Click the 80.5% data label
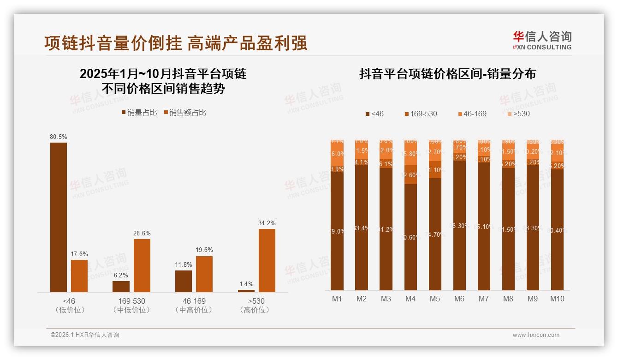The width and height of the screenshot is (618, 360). (x=59, y=137)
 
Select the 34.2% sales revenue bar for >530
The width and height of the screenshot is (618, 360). (x=267, y=260)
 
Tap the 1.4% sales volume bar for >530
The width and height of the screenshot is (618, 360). (x=246, y=291)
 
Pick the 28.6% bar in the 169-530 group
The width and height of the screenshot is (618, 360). (x=142, y=265)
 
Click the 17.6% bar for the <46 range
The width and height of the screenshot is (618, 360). (x=79, y=276)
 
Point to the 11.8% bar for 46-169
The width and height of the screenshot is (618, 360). (x=184, y=281)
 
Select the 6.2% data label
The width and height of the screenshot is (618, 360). (x=121, y=275)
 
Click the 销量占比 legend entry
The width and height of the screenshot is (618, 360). (x=139, y=113)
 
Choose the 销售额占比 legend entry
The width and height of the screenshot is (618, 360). (x=185, y=113)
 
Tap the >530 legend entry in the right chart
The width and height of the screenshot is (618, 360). (x=518, y=114)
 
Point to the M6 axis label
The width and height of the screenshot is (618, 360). (x=459, y=299)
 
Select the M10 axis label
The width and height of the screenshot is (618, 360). (x=557, y=299)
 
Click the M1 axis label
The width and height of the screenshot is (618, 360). (x=337, y=299)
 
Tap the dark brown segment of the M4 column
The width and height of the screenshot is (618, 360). (x=410, y=237)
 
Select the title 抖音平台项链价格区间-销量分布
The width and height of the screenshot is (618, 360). (x=447, y=74)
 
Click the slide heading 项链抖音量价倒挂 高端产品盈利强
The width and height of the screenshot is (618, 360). (x=176, y=43)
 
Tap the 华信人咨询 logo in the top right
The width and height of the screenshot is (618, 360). (x=541, y=40)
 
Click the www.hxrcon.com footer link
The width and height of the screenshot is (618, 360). (x=536, y=335)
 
